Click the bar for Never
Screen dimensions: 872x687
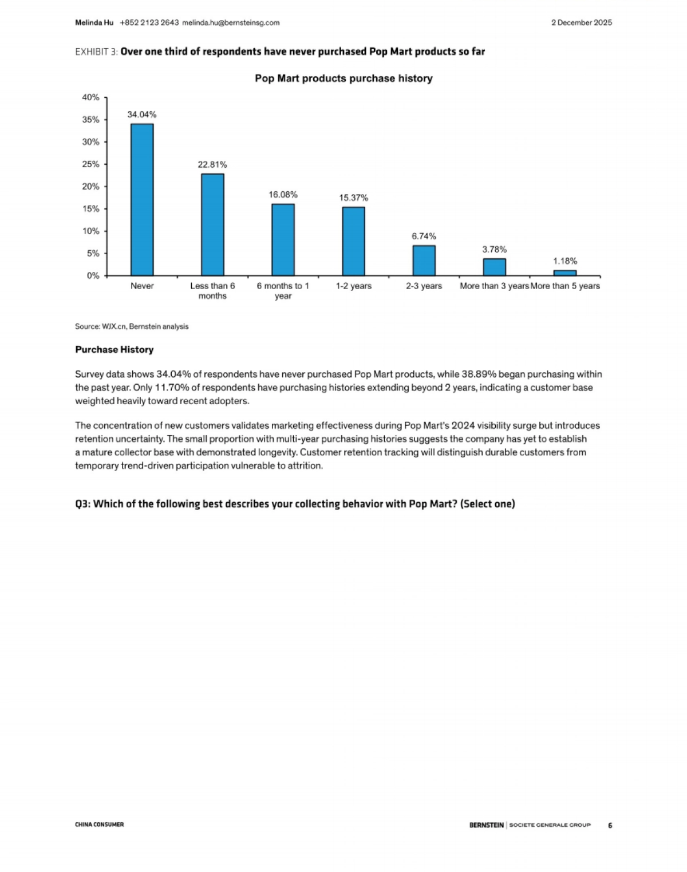[142, 200]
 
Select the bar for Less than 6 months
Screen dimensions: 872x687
[212, 224]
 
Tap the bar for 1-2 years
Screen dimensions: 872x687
[353, 241]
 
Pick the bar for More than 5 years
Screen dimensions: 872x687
[565, 273]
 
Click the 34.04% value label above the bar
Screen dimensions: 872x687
[142, 115]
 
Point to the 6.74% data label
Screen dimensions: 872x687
[424, 236]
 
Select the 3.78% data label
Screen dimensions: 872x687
[494, 249]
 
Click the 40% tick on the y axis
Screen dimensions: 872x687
[90, 97]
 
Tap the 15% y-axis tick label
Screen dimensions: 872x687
[90, 209]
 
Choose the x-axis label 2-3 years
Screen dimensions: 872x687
[424, 286]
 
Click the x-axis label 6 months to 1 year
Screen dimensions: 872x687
[283, 291]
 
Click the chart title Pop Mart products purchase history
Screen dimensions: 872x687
[343, 78]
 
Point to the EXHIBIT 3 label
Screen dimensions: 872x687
[96, 52]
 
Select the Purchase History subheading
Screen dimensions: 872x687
[114, 349]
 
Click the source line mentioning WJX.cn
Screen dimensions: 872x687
[132, 326]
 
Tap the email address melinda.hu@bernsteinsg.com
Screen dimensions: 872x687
[231, 23]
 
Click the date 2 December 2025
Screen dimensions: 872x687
[581, 23]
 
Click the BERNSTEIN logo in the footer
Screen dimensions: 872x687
[487, 825]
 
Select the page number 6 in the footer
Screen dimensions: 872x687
[610, 825]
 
